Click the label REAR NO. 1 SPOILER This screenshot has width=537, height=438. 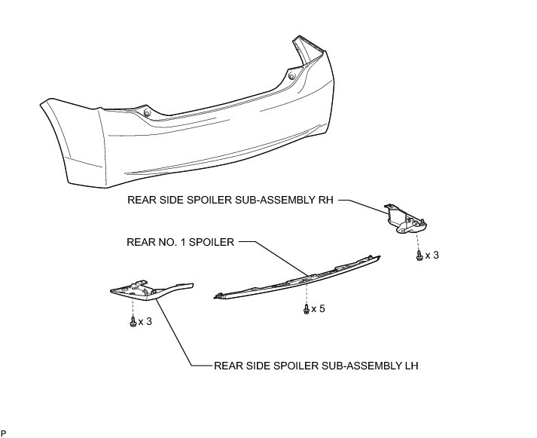point(181,243)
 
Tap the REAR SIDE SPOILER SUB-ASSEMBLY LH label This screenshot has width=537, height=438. point(316,366)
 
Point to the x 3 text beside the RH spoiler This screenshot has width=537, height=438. point(432,256)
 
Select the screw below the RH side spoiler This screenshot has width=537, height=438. point(419,256)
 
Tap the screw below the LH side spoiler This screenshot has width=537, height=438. point(133,322)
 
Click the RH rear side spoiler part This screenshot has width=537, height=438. point(405,218)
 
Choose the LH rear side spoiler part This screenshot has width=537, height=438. point(151,289)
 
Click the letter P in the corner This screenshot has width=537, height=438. point(4,433)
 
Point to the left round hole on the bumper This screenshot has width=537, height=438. point(148,113)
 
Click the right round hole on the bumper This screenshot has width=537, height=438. point(291,75)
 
